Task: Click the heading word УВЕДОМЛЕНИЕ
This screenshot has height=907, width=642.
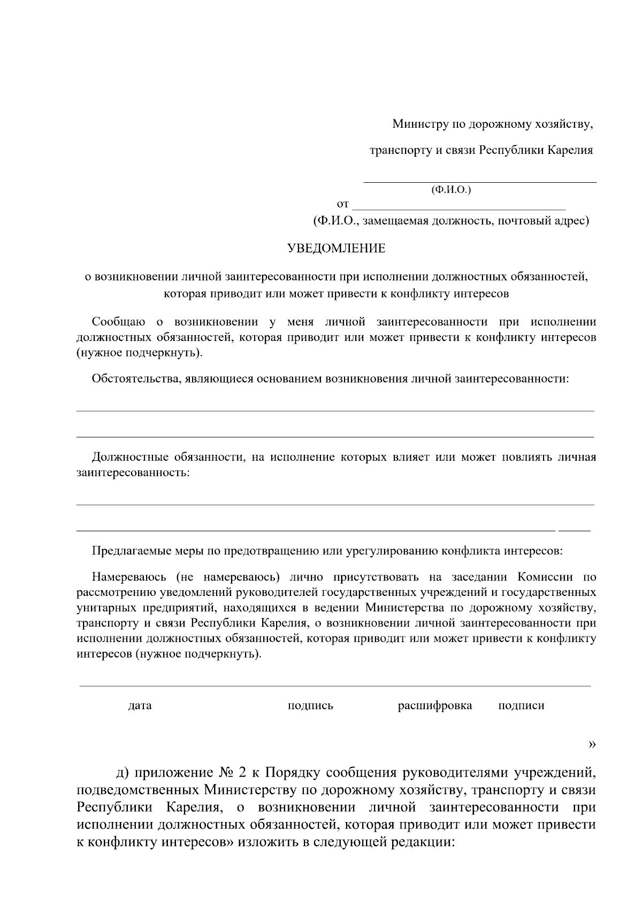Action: [x=336, y=249]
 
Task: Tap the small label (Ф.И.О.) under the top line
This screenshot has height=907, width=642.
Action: [x=450, y=190]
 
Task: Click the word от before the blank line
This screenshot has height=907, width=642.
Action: [x=342, y=204]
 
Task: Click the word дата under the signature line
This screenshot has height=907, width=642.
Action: [x=140, y=706]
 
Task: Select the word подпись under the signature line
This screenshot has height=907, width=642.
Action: [x=310, y=706]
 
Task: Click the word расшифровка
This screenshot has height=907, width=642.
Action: [x=434, y=706]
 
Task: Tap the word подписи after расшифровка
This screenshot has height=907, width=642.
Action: [x=521, y=706]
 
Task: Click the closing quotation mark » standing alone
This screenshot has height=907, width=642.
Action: [x=592, y=744]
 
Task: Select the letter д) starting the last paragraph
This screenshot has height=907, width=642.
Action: [x=123, y=774]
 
